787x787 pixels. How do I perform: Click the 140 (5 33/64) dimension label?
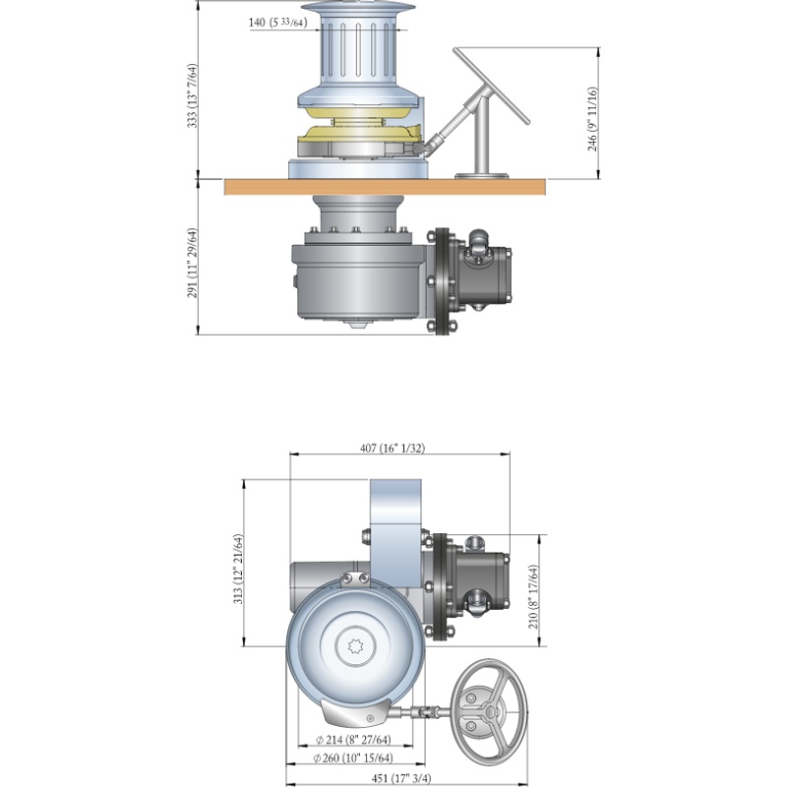pyautogui.click(x=277, y=22)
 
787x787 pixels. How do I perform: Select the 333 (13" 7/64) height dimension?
pyautogui.click(x=193, y=95)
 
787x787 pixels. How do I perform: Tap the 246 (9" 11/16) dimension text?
pyautogui.click(x=593, y=119)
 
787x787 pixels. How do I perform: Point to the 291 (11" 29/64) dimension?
pyautogui.click(x=193, y=263)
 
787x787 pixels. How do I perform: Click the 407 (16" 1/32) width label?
pyautogui.click(x=392, y=448)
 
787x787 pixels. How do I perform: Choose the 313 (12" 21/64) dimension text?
pyautogui.click(x=238, y=569)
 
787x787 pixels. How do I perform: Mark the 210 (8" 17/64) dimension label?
pyautogui.click(x=533, y=596)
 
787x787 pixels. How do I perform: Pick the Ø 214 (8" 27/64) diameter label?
pyautogui.click(x=353, y=740)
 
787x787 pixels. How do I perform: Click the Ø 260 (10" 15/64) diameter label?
pyautogui.click(x=353, y=757)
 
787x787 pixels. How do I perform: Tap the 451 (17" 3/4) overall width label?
pyautogui.click(x=401, y=778)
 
